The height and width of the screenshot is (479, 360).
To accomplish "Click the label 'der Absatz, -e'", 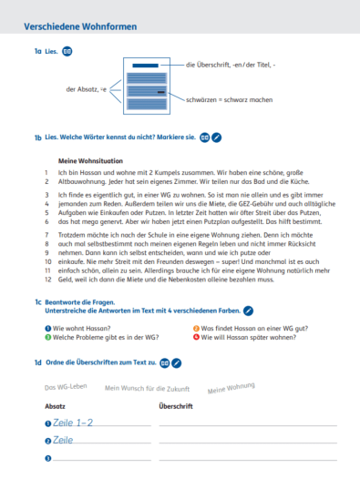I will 87,89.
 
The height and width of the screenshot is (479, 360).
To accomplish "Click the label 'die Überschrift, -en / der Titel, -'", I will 230,65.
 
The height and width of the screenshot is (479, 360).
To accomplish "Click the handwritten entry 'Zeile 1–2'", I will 73,423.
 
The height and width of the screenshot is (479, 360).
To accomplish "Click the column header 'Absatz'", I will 55,405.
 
